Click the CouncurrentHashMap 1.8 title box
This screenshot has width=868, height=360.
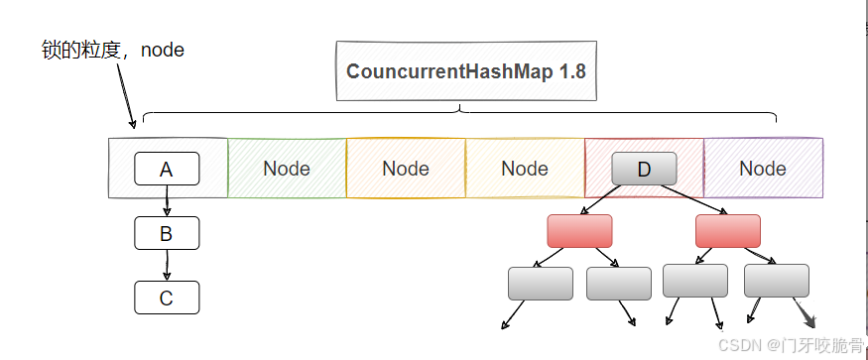pyautogui.click(x=466, y=71)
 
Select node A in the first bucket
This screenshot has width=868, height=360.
pyautogui.click(x=167, y=169)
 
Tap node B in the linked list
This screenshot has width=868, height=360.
pyautogui.click(x=167, y=233)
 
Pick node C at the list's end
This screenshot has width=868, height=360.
pyautogui.click(x=167, y=297)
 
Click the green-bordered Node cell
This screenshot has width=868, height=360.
pyautogui.click(x=287, y=169)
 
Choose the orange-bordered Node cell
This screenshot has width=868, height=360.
pyautogui.click(x=406, y=169)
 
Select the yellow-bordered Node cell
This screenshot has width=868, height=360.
pyautogui.click(x=525, y=169)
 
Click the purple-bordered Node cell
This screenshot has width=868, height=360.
pyautogui.click(x=763, y=169)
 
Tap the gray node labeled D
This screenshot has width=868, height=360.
pyautogui.click(x=644, y=169)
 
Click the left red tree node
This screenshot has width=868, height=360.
pyautogui.click(x=579, y=230)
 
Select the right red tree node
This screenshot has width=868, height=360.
pyautogui.click(x=727, y=230)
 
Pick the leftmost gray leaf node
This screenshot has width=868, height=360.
pyautogui.click(x=540, y=283)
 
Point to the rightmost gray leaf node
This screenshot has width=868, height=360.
pyautogui.click(x=776, y=282)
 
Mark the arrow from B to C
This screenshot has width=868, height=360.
pyautogui.click(x=167, y=265)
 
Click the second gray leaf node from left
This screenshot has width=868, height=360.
pyautogui.click(x=618, y=283)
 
